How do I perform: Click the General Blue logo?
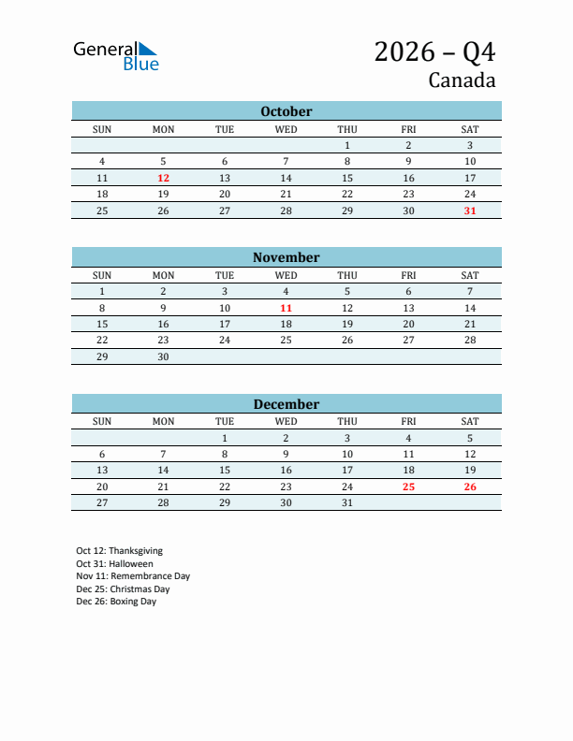tap(116, 55)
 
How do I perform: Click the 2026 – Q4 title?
tap(434, 51)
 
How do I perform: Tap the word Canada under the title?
tap(462, 80)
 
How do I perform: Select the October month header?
tap(286, 111)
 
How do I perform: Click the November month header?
tap(286, 257)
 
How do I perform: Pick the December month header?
tap(286, 404)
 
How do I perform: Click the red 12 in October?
tap(163, 178)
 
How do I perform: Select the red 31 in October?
tap(470, 211)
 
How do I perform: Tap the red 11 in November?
tap(286, 308)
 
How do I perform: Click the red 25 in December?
tap(408, 487)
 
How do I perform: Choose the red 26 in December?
tap(470, 487)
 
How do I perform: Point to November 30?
tap(163, 356)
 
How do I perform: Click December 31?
tap(347, 502)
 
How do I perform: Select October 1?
tap(347, 145)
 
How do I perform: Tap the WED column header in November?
tap(286, 275)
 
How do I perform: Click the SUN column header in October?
tap(102, 129)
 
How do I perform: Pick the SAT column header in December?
tap(470, 421)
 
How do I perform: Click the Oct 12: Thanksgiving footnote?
tap(119, 551)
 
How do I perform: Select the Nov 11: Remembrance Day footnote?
tap(133, 576)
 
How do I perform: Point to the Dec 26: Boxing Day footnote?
tap(116, 602)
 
